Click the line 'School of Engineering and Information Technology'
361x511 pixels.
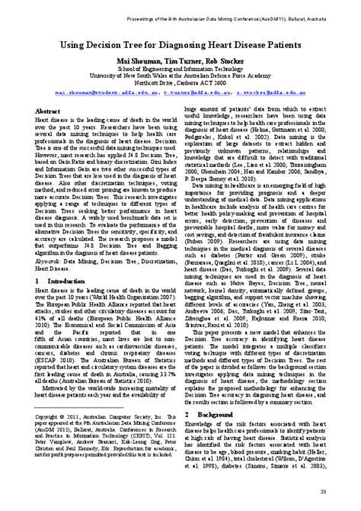180,71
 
